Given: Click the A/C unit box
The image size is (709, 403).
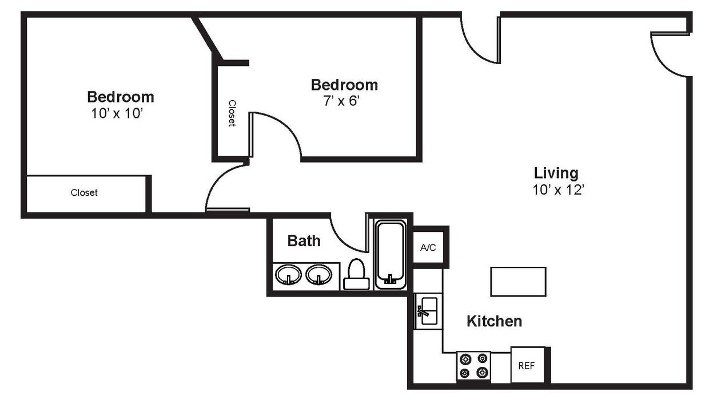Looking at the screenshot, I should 428,247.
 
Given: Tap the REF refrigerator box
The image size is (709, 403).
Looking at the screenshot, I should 526,365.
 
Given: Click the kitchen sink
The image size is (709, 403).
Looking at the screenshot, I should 428,312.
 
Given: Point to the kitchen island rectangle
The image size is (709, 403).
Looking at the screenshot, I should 518,282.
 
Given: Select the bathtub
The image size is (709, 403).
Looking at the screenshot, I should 391,255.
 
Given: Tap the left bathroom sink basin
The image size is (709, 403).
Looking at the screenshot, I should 288,275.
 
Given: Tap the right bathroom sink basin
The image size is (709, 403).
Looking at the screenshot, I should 318,275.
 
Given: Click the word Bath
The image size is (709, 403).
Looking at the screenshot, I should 304,241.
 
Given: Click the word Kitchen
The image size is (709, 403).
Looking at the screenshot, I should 494,321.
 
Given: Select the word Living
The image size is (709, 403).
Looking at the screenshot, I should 556,172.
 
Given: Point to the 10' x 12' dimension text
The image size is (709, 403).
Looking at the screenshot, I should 557,190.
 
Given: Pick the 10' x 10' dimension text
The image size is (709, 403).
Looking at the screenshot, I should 116,113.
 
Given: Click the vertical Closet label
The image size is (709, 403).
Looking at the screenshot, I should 232,113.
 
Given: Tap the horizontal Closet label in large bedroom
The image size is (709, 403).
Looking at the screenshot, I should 84,193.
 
